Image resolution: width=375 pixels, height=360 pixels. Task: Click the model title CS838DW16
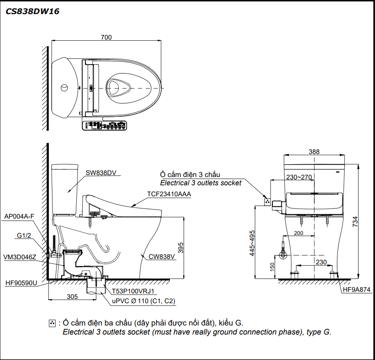click(32, 11)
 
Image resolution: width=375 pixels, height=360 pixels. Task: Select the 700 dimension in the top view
click(106, 37)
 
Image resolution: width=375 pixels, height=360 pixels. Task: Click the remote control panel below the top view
click(105, 126)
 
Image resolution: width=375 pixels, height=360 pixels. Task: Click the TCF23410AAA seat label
click(169, 194)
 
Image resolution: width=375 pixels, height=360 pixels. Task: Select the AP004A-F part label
click(19, 217)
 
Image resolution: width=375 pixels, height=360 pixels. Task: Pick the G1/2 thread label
click(24, 235)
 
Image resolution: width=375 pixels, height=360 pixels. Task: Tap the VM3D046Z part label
click(20, 257)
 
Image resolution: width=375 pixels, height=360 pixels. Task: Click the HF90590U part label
click(21, 282)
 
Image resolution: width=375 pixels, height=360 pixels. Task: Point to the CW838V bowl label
click(161, 257)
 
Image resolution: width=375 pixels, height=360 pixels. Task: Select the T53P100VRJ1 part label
click(133, 291)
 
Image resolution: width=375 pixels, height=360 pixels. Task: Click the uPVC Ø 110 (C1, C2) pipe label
click(144, 301)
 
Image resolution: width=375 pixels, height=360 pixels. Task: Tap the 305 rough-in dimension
click(72, 297)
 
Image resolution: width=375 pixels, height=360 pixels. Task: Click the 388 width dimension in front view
click(314, 152)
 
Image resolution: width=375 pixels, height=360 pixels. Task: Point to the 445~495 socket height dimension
click(252, 243)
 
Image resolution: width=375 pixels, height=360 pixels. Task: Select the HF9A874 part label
click(356, 290)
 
